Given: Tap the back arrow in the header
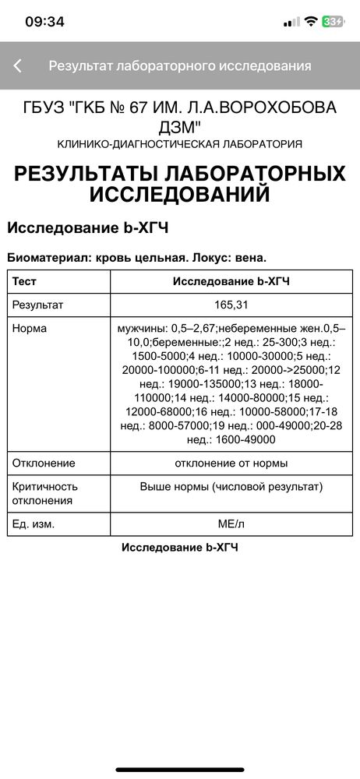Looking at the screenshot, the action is (18, 66).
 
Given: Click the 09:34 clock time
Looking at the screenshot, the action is (44, 22).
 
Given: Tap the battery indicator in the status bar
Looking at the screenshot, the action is (334, 22).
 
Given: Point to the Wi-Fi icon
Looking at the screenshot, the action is (311, 22).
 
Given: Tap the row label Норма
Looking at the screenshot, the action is (30, 329).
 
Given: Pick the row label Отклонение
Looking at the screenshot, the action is (44, 463).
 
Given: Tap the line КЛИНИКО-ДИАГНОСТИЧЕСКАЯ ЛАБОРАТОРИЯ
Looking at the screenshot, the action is (180, 144).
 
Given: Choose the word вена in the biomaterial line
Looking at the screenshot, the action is (252, 256).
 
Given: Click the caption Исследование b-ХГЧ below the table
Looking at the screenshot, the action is (180, 548).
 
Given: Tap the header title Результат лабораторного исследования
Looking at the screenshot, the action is (180, 66).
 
